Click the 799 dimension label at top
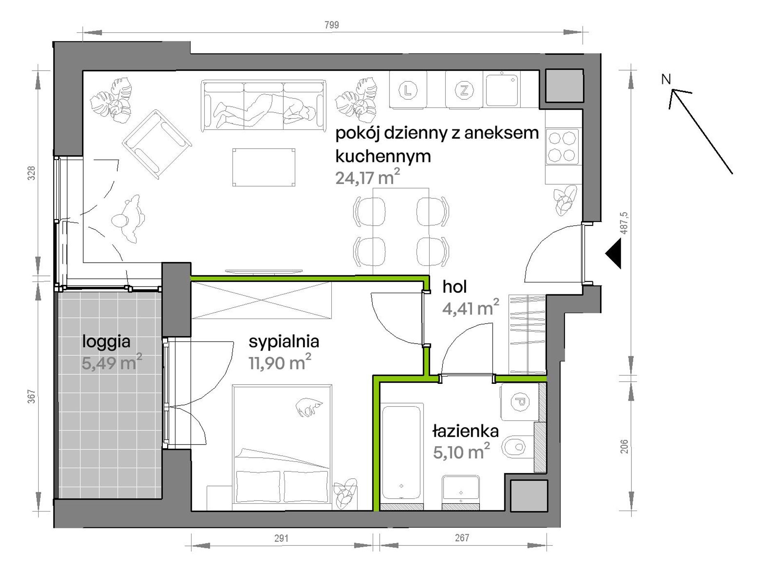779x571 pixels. click(x=332, y=25)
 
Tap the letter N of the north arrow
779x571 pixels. click(x=666, y=79)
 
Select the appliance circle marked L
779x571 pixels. click(x=408, y=90)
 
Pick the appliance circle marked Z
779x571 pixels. click(x=464, y=90)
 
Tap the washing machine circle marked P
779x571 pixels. click(x=520, y=402)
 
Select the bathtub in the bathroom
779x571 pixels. click(x=402, y=453)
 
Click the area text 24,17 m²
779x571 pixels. click(x=367, y=177)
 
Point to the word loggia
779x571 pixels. click(x=106, y=342)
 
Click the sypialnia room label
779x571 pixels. click(x=284, y=342)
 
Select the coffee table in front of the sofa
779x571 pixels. click(x=264, y=167)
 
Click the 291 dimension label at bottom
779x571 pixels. click(x=281, y=538)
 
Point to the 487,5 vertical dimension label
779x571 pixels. click(x=624, y=223)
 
